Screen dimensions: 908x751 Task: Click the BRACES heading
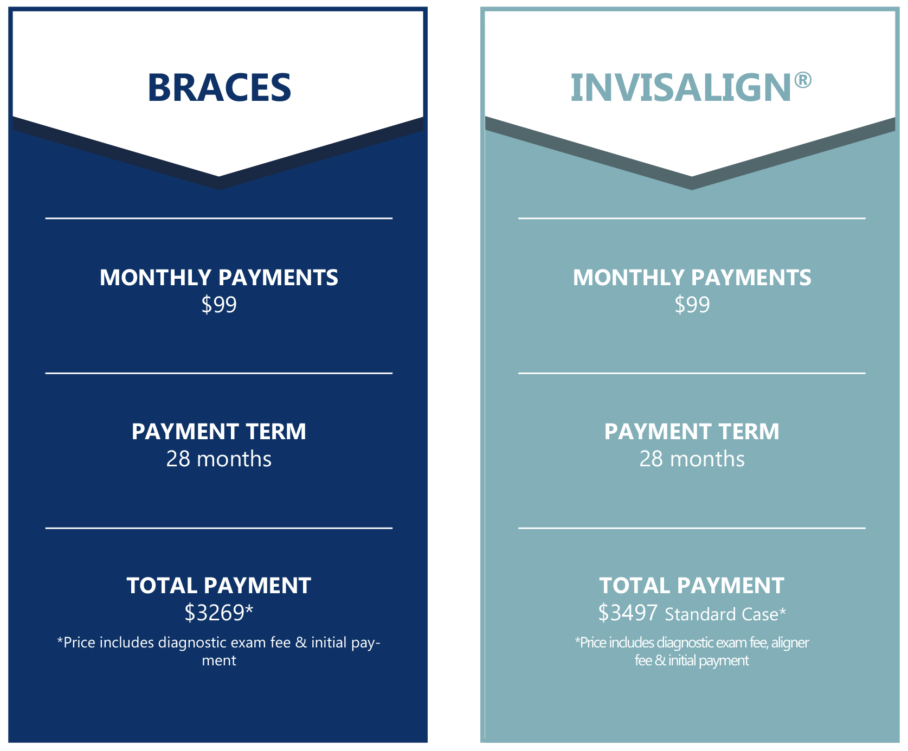pos(219,88)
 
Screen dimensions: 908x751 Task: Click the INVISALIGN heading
pos(681,88)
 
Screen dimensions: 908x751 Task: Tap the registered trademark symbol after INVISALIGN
pos(803,80)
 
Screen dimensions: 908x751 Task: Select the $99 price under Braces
pos(219,305)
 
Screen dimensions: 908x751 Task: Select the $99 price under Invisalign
pos(692,305)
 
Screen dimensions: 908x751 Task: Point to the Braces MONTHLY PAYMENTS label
pos(219,278)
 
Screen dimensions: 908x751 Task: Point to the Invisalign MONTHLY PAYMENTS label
pos(692,278)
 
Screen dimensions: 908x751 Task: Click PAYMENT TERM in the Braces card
pos(219,432)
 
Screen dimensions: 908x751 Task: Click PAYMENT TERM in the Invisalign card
pos(692,432)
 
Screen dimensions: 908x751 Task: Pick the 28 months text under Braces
pos(219,459)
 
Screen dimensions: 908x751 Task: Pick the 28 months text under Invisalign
pos(692,459)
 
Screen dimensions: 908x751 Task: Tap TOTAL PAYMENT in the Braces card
pos(219,586)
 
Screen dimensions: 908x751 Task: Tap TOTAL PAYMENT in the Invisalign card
pos(692,586)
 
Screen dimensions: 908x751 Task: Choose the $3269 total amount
pos(215,613)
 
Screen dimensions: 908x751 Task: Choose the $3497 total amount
pos(628,613)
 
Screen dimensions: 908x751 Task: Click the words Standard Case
pos(722,614)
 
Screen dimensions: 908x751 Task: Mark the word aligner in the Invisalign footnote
pos(790,643)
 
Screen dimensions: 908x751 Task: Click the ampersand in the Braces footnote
pos(301,643)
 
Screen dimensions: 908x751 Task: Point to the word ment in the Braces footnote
pos(219,661)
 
